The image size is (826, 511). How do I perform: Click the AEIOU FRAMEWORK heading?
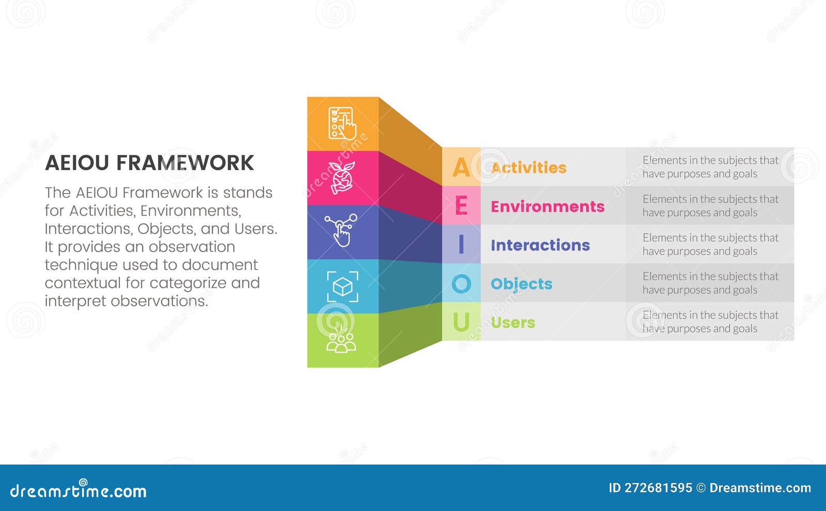(149, 163)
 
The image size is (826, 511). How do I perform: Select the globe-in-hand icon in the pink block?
(342, 178)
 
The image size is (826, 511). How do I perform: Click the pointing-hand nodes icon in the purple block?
(341, 230)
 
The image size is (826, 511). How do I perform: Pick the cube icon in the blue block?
(342, 286)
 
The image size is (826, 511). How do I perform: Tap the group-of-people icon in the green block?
(341, 341)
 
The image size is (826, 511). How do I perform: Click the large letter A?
(461, 167)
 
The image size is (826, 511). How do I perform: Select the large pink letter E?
(461, 206)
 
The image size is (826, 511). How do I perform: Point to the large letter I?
(461, 245)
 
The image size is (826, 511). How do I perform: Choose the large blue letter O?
(461, 283)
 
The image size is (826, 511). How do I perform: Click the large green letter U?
(461, 322)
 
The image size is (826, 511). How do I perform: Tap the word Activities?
(529, 167)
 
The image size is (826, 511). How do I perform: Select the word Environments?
(547, 206)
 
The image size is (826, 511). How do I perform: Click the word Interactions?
(540, 245)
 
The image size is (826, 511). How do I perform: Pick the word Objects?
(521, 284)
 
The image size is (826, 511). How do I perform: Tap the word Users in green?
(513, 323)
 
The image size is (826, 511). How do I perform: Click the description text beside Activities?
(710, 167)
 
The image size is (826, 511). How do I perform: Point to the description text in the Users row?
(710, 322)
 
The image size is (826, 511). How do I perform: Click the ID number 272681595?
(658, 488)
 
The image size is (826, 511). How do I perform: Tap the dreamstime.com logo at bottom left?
(78, 490)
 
